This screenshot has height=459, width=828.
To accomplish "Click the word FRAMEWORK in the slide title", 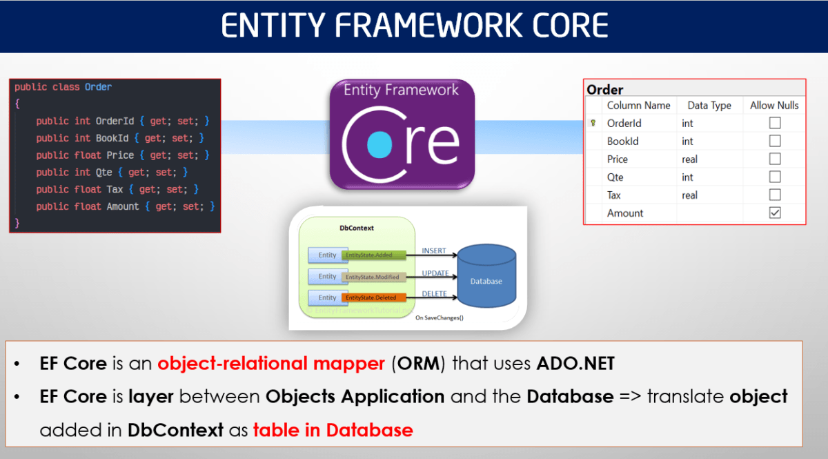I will click(x=414, y=26).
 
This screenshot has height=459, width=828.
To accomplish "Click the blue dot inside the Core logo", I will click(x=379, y=145).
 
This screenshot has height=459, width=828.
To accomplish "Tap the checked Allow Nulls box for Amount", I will click(x=774, y=213).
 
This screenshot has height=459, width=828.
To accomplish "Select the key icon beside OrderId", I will click(x=593, y=124).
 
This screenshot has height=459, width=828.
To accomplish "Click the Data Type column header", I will click(x=709, y=106).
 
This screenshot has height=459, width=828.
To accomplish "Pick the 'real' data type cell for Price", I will click(x=689, y=159).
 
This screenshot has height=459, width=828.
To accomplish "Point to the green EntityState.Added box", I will click(x=373, y=255).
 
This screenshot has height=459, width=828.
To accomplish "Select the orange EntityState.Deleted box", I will click(x=373, y=298).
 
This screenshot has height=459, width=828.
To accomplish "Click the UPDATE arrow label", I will click(x=435, y=273).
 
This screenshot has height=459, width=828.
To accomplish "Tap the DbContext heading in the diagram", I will click(x=357, y=227).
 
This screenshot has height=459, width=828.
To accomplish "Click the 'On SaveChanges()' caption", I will click(x=440, y=318).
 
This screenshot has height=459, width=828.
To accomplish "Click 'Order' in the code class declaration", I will click(x=98, y=87).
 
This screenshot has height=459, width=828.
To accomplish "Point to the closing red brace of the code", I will click(x=17, y=223).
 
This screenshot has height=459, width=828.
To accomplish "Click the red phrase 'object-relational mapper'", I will click(x=271, y=364).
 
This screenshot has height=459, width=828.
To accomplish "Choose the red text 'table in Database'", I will click(x=333, y=430).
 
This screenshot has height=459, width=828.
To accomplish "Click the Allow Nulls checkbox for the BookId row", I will click(x=774, y=141).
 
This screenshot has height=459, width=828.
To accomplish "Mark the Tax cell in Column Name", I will click(x=614, y=195).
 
